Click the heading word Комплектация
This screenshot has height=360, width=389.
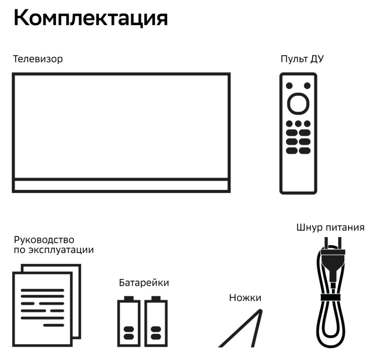(91, 19)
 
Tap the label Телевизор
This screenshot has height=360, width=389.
(38, 59)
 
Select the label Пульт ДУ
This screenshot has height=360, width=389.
(302, 59)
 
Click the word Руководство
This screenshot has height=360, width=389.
(44, 240)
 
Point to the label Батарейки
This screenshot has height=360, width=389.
(144, 282)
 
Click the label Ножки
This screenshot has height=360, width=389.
(245, 298)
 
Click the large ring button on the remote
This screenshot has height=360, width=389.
(298, 104)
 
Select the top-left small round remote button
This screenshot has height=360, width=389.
(289, 86)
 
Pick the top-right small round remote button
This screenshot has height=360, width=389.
(307, 86)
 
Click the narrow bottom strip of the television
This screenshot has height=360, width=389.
(121, 186)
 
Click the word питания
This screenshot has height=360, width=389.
(346, 227)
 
